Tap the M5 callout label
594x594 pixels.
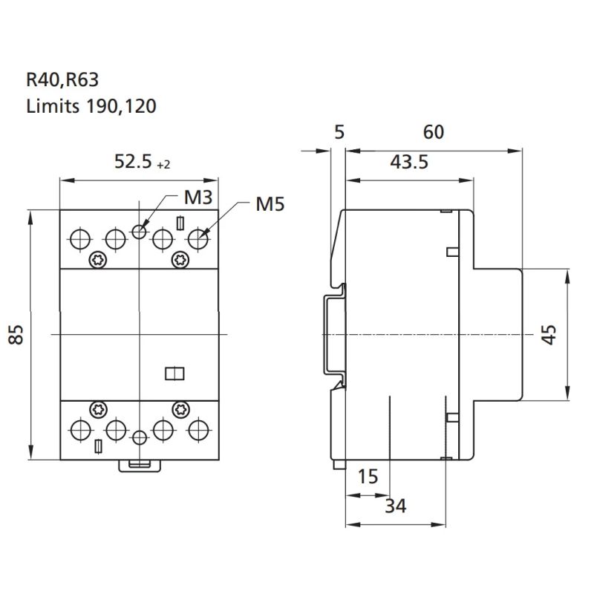tap(270, 203)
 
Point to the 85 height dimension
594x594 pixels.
tap(14, 335)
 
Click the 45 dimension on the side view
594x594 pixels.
tap(548, 335)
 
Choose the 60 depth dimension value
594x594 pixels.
tap(434, 132)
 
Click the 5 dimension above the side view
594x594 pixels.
tap(340, 132)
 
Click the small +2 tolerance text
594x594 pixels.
tap(163, 165)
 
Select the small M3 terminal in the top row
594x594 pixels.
tap(139, 231)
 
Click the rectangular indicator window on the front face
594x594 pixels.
tap(173, 373)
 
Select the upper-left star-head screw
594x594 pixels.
tap(97, 259)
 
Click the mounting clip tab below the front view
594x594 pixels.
tap(139, 465)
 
